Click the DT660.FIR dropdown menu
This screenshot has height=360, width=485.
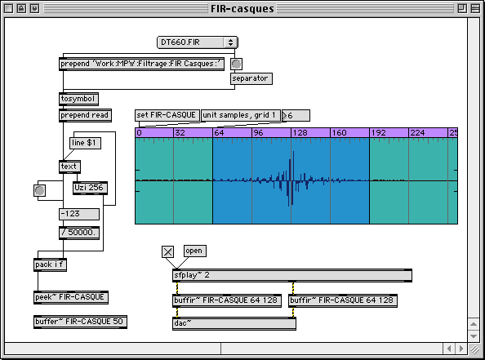click(x=198, y=42)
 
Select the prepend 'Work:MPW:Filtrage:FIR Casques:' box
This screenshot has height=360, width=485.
click(x=142, y=64)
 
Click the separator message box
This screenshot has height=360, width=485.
click(x=251, y=78)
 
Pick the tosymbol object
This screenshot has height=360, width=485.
click(x=78, y=99)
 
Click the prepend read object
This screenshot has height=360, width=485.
click(x=85, y=115)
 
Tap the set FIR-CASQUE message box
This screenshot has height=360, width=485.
click(x=167, y=115)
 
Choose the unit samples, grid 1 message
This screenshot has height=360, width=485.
click(x=241, y=115)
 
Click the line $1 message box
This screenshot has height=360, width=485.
click(x=85, y=143)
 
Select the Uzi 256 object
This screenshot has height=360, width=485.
click(x=90, y=188)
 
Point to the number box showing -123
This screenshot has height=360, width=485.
click(x=79, y=214)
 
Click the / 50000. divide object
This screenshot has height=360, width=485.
click(x=79, y=233)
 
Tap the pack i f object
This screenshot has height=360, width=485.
click(x=50, y=265)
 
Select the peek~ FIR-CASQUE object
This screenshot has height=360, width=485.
click(x=71, y=297)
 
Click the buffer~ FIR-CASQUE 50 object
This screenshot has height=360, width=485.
click(x=80, y=322)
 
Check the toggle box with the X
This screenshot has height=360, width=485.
click(x=167, y=251)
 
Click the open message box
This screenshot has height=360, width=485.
click(x=195, y=251)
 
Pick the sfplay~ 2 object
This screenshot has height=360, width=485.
click(x=292, y=275)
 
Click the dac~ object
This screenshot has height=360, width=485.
click(x=234, y=323)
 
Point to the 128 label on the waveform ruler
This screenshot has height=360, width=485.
click(x=300, y=133)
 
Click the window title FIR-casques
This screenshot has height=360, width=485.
click(x=242, y=9)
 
